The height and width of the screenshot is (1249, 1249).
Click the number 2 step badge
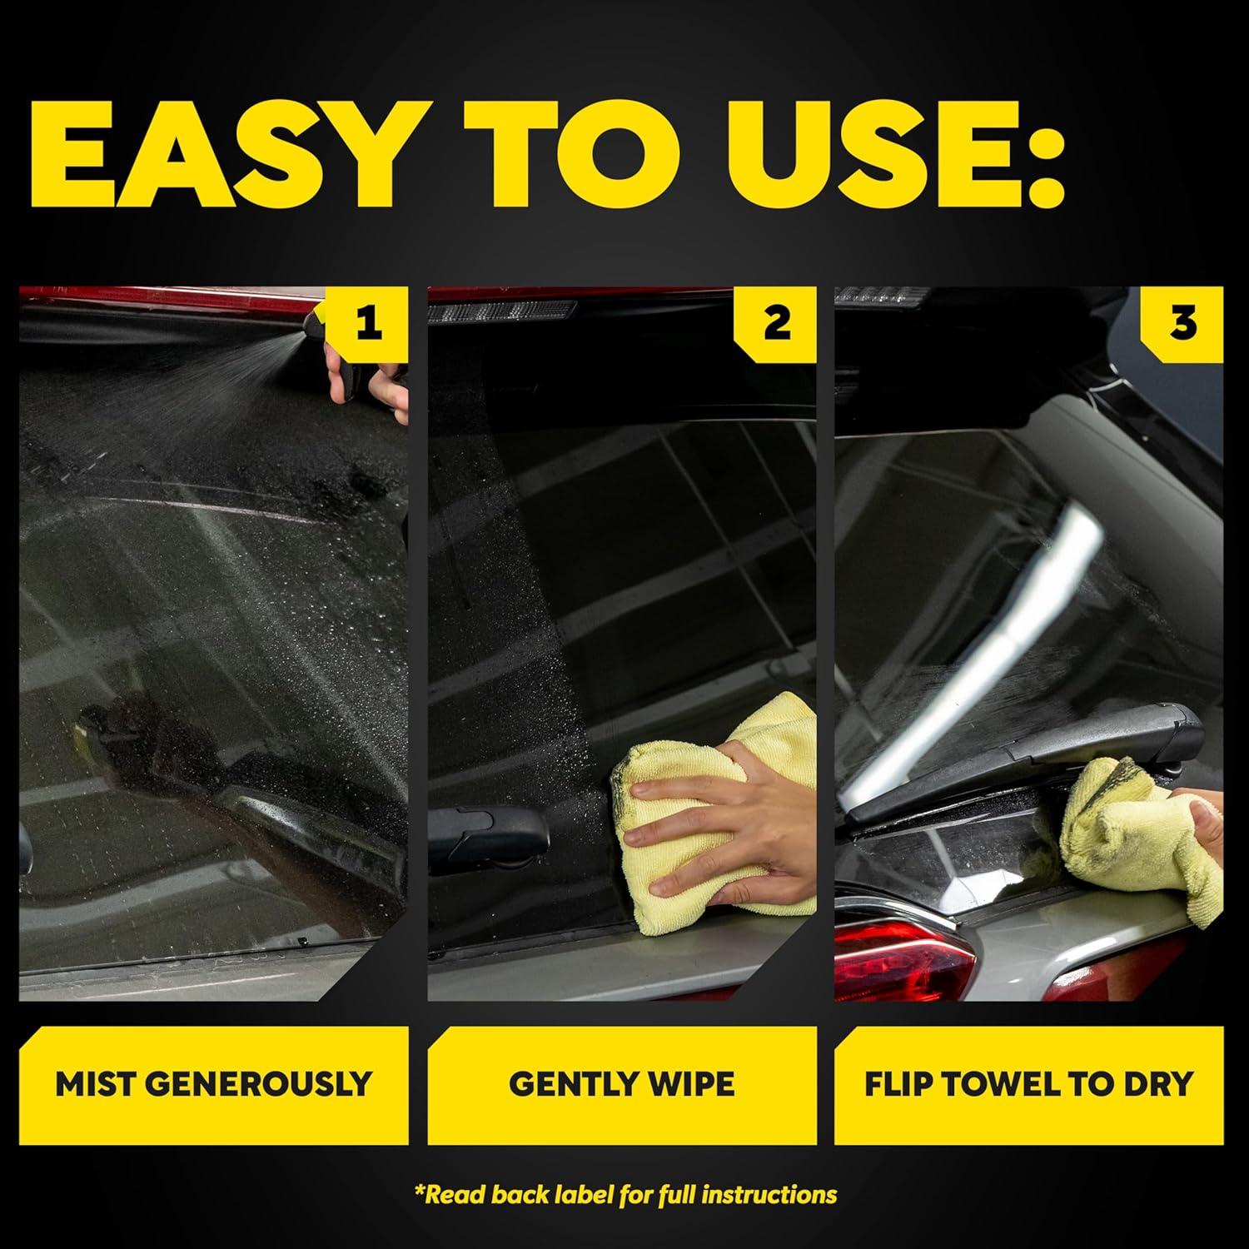pyautogui.click(x=776, y=322)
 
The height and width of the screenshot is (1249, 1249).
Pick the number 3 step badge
pyautogui.click(x=1182, y=322)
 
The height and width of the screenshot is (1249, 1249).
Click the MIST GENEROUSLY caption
pyautogui.click(x=213, y=1084)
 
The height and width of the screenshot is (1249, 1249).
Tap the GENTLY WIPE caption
pyautogui.click(x=621, y=1084)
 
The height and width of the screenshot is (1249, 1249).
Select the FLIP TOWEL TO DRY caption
pyautogui.click(x=1028, y=1084)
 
